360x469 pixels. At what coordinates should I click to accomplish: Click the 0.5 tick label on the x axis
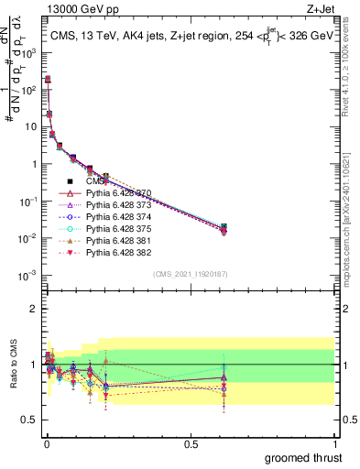tap(191, 442)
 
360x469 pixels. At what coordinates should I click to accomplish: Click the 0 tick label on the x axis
tap(46, 442)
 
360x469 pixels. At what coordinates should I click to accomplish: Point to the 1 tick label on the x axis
tap(335, 442)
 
